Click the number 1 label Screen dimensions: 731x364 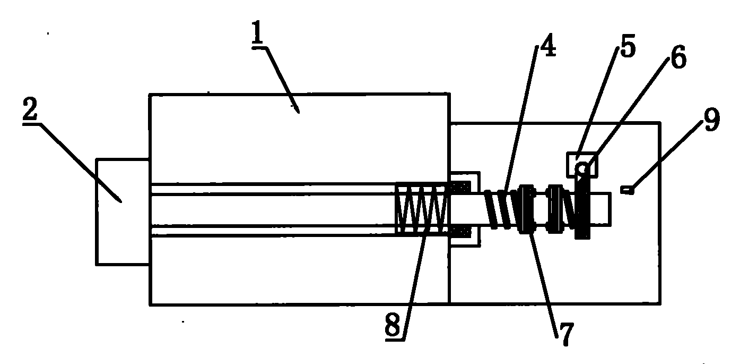(x=257, y=33)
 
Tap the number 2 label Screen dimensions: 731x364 (x=30, y=108)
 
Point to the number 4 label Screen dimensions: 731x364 (x=548, y=45)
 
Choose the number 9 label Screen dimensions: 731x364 (x=712, y=120)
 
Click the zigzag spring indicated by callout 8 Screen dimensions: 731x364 (x=421, y=209)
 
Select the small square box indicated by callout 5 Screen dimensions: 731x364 (x=582, y=165)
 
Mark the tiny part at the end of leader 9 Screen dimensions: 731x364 (x=627, y=189)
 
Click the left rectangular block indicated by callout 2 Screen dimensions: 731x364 (x=123, y=212)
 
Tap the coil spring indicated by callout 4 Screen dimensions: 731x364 (x=502, y=209)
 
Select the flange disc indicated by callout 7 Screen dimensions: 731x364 (x=526, y=209)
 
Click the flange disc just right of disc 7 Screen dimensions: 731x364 (x=555, y=209)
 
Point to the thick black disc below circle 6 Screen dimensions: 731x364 (x=582, y=209)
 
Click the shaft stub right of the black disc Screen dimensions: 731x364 (x=600, y=209)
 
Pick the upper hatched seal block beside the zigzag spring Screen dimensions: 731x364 (x=460, y=188)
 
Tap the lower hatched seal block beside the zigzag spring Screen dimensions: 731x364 (x=460, y=232)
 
